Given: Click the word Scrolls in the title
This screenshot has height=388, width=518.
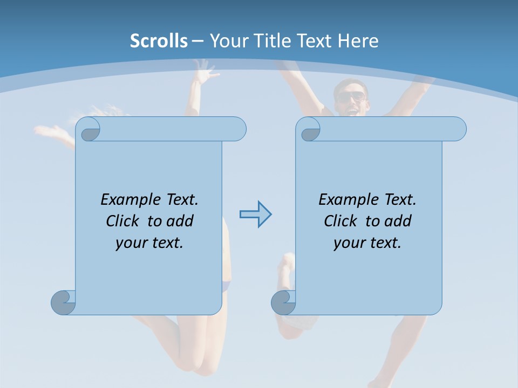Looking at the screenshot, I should coord(159,41).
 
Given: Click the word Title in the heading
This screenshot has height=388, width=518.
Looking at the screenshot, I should coord(274,41).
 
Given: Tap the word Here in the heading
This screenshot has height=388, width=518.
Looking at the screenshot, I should coord(358,41).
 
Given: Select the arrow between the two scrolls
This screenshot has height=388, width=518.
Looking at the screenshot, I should coord(256,214).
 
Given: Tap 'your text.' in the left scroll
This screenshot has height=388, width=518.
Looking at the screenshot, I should coord(149,242).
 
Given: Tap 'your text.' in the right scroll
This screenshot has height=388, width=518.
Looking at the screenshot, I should coord(367,242).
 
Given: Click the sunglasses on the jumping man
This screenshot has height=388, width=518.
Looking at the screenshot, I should coord(351,97).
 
